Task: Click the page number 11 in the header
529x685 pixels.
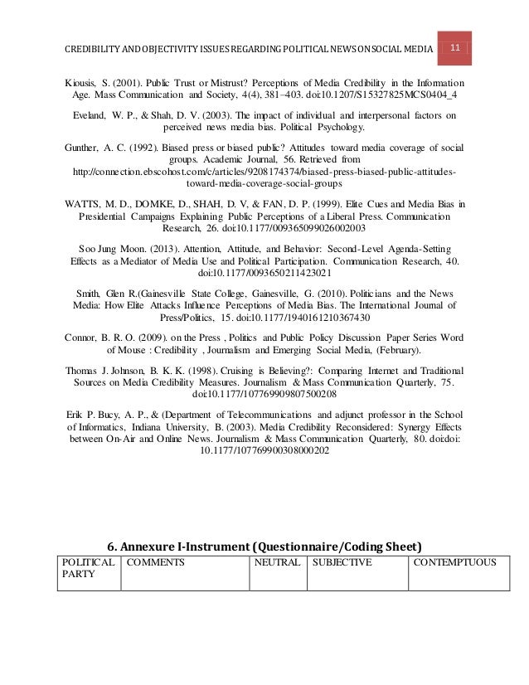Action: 455,48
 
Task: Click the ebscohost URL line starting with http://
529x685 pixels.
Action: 264,170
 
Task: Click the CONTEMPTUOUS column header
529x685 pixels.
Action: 455,562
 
